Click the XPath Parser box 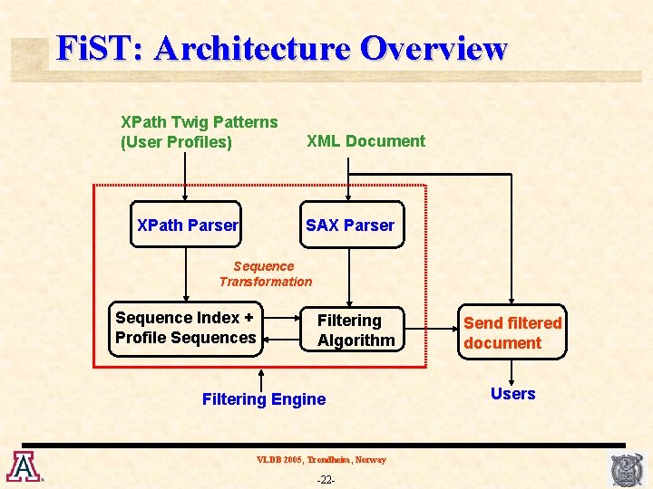point(186,225)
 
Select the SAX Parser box point(350,225)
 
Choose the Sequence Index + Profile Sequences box point(186,328)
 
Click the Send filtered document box point(512,332)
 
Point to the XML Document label point(365,141)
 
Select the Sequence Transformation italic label point(265,273)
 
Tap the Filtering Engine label point(263,399)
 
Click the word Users point(512,394)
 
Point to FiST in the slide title point(94,48)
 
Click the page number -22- point(326,478)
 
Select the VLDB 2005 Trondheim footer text point(321,460)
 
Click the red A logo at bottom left point(22,466)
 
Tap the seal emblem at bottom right point(627,469)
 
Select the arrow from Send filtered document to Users point(512,371)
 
